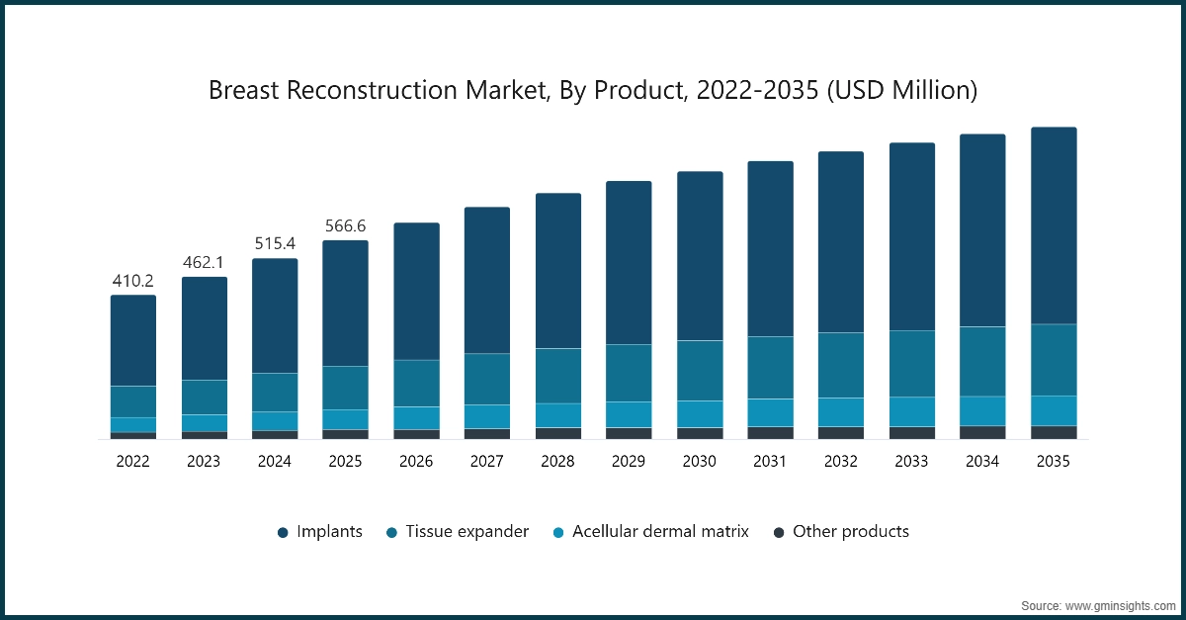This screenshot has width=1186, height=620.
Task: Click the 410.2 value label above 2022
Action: (x=133, y=281)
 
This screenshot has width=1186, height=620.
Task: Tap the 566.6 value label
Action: (x=346, y=226)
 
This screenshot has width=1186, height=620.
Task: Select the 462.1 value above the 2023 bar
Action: (x=205, y=263)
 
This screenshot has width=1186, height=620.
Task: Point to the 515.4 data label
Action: (x=275, y=244)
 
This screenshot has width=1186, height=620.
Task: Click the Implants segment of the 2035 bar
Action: (x=1054, y=225)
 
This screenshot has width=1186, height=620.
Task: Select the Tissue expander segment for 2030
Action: (x=700, y=370)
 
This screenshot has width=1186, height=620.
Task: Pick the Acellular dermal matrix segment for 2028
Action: (x=558, y=414)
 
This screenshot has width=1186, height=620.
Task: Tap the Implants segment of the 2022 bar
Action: (x=133, y=340)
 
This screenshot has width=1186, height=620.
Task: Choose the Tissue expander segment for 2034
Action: (x=982, y=361)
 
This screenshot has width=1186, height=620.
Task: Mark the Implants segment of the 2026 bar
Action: (x=416, y=291)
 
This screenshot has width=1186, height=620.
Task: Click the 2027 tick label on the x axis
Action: (x=487, y=461)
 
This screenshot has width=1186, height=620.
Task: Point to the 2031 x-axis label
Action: (x=770, y=461)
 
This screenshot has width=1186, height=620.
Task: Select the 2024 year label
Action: (x=275, y=461)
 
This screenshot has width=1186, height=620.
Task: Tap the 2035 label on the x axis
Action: (x=1054, y=461)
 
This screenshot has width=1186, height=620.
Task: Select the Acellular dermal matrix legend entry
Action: (x=660, y=532)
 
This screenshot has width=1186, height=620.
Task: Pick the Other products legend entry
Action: (x=850, y=532)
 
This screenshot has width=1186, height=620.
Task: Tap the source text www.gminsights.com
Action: (x=1120, y=603)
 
